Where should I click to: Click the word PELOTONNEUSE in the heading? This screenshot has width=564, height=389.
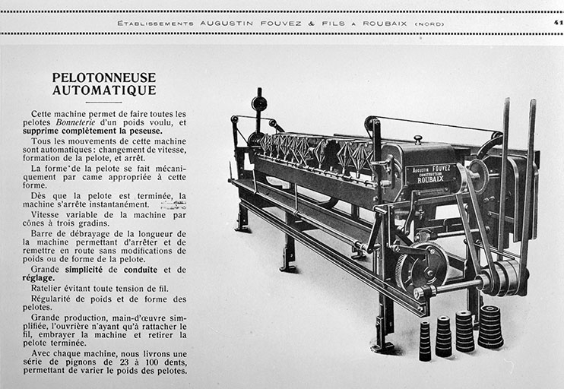[103, 77]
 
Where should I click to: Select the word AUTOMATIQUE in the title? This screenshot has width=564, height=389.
[103, 90]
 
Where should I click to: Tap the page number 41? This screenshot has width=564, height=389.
[558, 23]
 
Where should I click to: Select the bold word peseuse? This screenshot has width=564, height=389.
[160, 131]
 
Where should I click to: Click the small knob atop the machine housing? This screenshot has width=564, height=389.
[417, 140]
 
